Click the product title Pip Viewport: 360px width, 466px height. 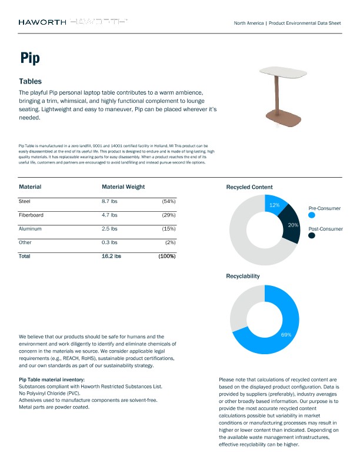(29, 58)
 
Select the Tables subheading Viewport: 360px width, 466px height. (30, 81)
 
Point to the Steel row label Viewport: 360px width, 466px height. (25, 201)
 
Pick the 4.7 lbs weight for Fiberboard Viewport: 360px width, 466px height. (109, 215)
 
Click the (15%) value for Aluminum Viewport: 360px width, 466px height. (168, 228)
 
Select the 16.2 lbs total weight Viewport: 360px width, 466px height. (111, 256)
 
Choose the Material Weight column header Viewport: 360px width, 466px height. (123, 187)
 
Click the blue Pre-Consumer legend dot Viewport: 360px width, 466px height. (312, 216)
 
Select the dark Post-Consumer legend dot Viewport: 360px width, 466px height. (312, 235)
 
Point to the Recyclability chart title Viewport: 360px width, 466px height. (242, 275)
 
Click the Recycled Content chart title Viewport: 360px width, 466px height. (249, 187)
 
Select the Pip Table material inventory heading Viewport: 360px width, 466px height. (52, 380)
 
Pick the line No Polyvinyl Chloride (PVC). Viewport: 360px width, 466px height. (49, 393)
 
